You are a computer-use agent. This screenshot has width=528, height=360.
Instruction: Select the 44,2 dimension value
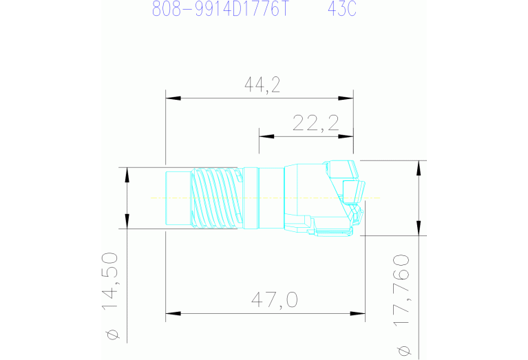coord(262,84)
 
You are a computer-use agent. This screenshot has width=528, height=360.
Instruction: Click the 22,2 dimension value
coord(316,123)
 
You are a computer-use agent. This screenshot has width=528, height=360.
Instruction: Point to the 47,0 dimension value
coord(273,299)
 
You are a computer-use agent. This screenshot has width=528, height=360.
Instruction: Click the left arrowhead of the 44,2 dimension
coord(172,98)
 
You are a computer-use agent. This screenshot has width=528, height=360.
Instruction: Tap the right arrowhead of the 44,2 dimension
coord(348,98)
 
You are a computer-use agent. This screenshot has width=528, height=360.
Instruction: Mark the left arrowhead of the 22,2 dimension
coord(265,136)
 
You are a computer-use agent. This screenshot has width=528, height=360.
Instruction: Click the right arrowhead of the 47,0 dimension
coord(359,315)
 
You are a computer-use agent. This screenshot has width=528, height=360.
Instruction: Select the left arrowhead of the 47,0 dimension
coord(172,315)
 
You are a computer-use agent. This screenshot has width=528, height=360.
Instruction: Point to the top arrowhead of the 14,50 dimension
coord(127,173)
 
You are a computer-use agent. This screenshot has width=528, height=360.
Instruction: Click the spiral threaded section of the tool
coord(216,198)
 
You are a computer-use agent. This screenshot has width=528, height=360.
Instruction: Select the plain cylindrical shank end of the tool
coord(178,198)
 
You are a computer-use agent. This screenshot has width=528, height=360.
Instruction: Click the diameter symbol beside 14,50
coord(113,335)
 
